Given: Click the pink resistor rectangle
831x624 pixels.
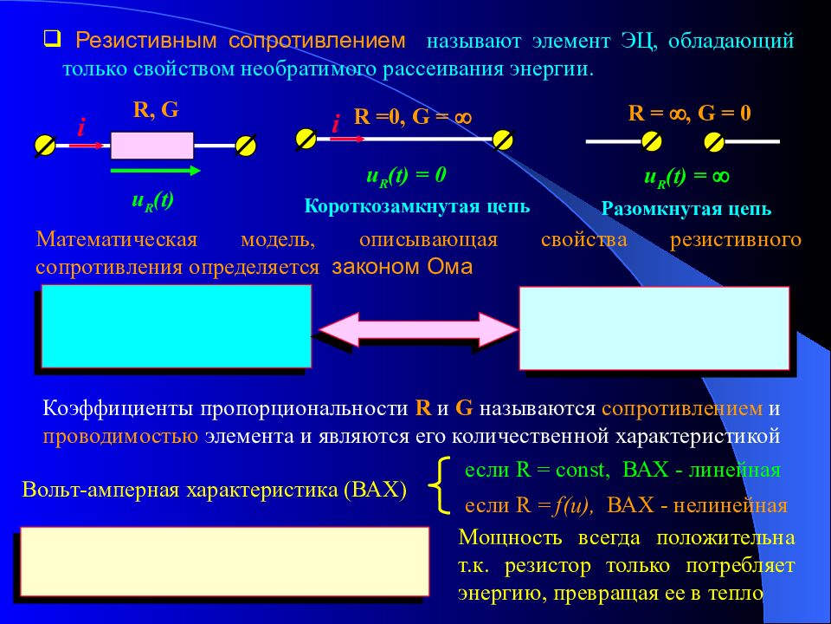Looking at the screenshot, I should (x=152, y=145).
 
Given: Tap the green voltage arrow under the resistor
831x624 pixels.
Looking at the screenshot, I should (x=155, y=172).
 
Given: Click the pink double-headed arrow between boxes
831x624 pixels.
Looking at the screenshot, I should (x=416, y=328).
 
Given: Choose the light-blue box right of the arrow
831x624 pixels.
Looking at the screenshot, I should (x=654, y=328).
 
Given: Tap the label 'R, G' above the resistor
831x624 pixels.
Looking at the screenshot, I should (x=156, y=109).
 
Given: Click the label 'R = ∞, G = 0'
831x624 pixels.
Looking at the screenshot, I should (x=689, y=113).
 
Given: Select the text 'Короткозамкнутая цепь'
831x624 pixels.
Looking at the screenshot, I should (x=417, y=207).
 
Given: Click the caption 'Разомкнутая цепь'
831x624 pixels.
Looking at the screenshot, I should (x=686, y=209).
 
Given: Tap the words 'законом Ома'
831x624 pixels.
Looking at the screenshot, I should (x=402, y=267).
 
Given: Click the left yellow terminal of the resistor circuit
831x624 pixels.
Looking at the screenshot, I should (x=44, y=146).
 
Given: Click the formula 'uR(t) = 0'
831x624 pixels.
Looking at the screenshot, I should (x=406, y=176).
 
